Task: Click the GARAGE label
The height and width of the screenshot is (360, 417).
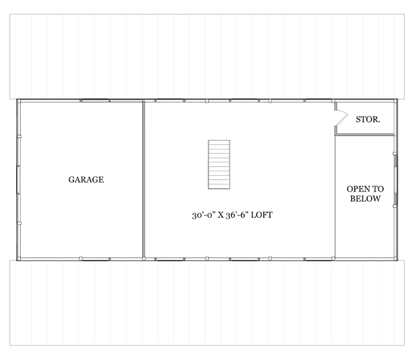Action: tap(86, 179)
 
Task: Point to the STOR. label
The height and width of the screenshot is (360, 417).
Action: tap(368, 120)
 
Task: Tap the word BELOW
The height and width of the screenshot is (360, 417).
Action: tap(365, 199)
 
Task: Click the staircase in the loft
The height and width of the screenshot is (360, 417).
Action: tap(219, 165)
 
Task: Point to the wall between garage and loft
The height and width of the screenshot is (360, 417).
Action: tap(144, 179)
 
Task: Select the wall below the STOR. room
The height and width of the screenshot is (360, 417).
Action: tap(365, 134)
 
